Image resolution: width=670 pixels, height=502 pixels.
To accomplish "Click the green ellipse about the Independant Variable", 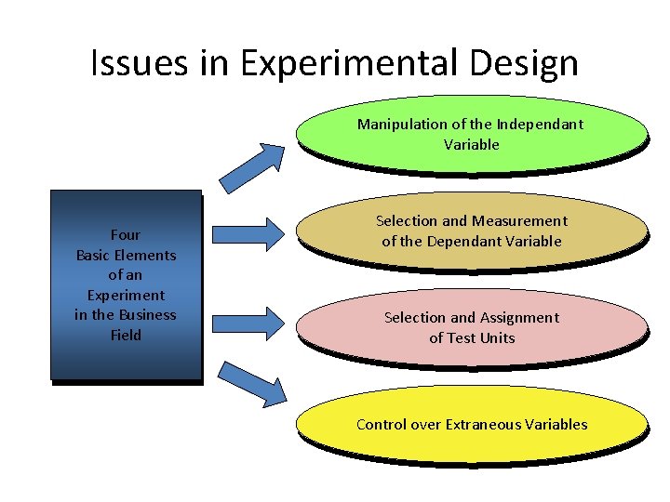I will pyautogui.click(x=471, y=135).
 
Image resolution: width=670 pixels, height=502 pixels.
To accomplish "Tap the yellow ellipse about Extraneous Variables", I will pyautogui.click(x=471, y=425).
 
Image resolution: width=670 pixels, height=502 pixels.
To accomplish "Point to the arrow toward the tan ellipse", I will pyautogui.click(x=247, y=232).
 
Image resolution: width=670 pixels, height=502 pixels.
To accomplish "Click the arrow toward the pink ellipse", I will pyautogui.click(x=247, y=322).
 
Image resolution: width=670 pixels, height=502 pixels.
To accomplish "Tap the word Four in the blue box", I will pyautogui.click(x=126, y=234).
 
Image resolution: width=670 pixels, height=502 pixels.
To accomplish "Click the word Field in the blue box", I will pyautogui.click(x=126, y=335).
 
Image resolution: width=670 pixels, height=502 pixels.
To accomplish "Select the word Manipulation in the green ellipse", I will pyautogui.click(x=399, y=125).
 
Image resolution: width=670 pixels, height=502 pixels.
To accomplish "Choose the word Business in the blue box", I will pyautogui.click(x=147, y=314).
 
